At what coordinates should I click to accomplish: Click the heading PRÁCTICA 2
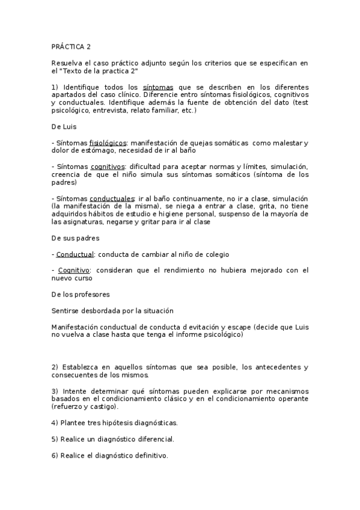tap(71, 46)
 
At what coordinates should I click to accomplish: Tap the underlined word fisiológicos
tap(108, 143)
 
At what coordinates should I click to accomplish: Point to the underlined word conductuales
tap(113, 198)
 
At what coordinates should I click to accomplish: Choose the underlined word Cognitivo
tap(73, 270)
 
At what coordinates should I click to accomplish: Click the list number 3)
tap(55, 391)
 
